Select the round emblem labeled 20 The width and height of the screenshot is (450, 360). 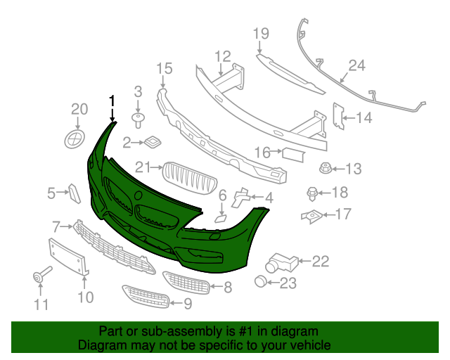point(74,137)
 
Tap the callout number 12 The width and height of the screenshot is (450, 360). point(222,56)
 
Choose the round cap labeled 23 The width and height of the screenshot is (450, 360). point(262,283)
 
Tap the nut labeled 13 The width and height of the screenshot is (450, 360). point(326,168)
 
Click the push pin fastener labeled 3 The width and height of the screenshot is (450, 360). point(138,117)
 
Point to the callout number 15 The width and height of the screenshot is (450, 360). point(164,68)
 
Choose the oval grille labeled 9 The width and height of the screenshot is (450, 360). point(146,295)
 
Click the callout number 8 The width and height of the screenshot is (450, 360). point(227,287)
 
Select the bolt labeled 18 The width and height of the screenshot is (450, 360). point(311,192)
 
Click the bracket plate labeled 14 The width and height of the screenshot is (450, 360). point(337,117)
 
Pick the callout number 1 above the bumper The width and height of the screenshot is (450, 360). point(111,101)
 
